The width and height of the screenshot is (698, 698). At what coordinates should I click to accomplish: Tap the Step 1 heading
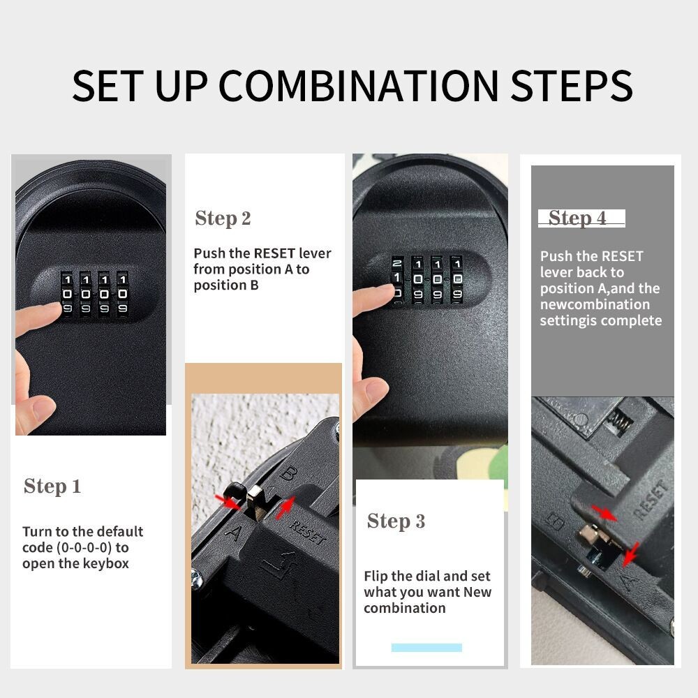click(x=52, y=487)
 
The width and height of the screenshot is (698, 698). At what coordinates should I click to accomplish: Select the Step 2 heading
click(x=223, y=218)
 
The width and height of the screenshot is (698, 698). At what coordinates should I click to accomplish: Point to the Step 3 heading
click(x=396, y=521)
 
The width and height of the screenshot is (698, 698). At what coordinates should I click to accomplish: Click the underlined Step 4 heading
click(x=577, y=218)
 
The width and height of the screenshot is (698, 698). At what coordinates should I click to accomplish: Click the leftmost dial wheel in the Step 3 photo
click(x=397, y=279)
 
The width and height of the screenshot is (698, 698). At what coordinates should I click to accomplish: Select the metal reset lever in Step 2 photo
click(x=255, y=503)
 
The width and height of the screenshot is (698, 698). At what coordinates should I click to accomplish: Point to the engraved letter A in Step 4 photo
click(x=628, y=579)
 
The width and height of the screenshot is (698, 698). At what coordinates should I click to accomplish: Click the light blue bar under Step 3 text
click(x=426, y=648)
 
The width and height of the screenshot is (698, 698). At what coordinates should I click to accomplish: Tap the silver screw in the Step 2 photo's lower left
click(x=198, y=577)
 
